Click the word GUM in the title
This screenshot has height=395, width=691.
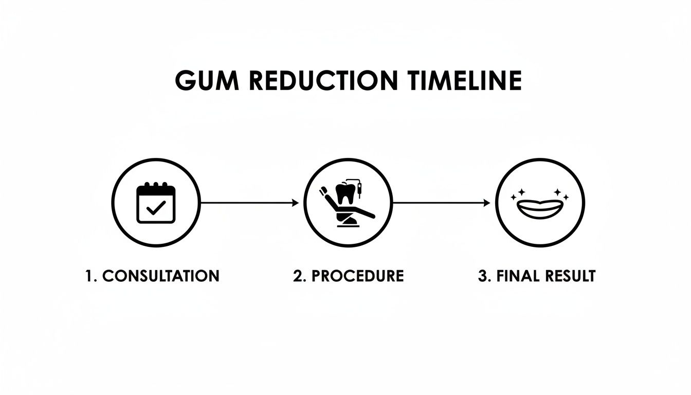click(x=204, y=81)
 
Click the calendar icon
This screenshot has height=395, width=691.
click(x=156, y=203)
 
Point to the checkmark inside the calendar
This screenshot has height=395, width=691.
click(x=156, y=208)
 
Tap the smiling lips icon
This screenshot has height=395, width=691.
click(x=540, y=207)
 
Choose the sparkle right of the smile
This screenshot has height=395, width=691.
click(x=562, y=194)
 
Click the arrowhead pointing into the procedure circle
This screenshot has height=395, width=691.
click(x=296, y=203)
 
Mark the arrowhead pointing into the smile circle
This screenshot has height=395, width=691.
click(x=487, y=203)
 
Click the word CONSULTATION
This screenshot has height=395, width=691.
click(x=161, y=276)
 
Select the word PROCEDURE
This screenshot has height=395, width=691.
click(x=357, y=276)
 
